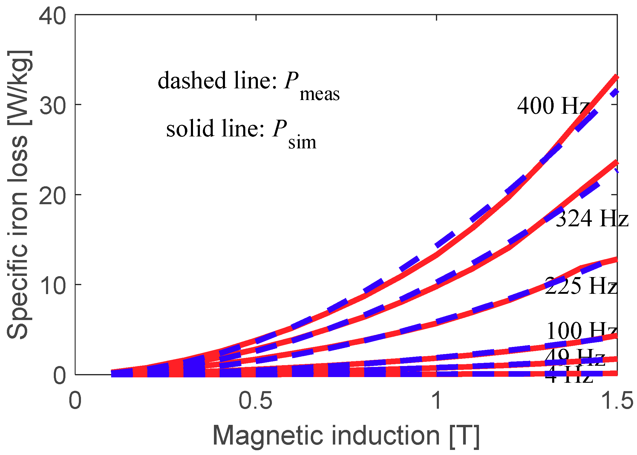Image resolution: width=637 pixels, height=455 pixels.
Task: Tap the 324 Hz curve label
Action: point(592,218)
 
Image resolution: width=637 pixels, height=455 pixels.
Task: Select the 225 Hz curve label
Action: point(581,286)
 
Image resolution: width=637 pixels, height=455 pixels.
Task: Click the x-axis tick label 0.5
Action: point(255,400)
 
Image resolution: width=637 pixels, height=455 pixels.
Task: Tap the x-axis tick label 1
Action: point(437,400)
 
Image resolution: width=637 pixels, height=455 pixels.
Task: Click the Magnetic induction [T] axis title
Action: point(346,436)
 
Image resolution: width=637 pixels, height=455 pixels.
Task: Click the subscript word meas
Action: point(319,94)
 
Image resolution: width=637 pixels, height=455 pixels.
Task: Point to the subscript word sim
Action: point(302,142)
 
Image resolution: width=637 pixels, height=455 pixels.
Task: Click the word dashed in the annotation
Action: point(192,80)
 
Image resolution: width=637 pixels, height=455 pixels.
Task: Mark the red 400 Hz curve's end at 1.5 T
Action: point(616,77)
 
